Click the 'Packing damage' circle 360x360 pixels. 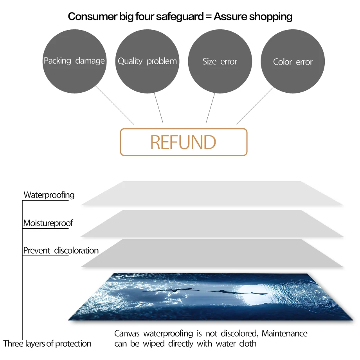pyautogui.click(x=74, y=61)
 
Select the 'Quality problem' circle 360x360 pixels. pyautogui.click(x=147, y=61)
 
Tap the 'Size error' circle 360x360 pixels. pyautogui.click(x=220, y=61)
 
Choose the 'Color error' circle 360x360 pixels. pyautogui.click(x=293, y=62)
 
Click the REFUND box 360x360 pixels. pyautogui.click(x=183, y=142)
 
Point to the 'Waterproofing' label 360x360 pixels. pyautogui.click(x=49, y=195)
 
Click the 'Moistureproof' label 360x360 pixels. pyautogui.click(x=48, y=223)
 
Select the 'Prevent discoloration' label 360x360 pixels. pyautogui.click(x=61, y=250)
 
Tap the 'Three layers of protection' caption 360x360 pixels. pyautogui.click(x=47, y=344)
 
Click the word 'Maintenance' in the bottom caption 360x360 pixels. pyautogui.click(x=284, y=334)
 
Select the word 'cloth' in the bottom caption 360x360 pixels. pyautogui.click(x=248, y=344)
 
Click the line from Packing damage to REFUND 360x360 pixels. pyautogui.click(x=115, y=106)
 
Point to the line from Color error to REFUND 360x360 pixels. pyautogui.click(x=254, y=106)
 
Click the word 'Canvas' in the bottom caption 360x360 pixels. pyautogui.click(x=127, y=334)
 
